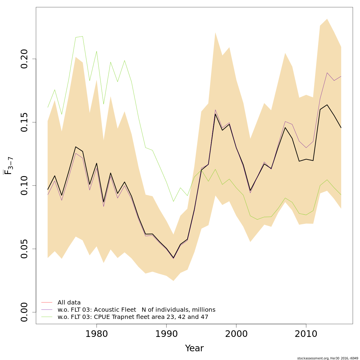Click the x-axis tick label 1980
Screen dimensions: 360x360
click(97, 334)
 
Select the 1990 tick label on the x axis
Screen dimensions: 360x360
click(166, 334)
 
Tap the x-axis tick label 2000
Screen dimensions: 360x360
click(236, 334)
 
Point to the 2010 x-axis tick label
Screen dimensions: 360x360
click(306, 334)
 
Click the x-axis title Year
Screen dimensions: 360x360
click(194, 348)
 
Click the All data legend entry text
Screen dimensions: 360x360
click(69, 303)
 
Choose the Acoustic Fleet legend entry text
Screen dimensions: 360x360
click(136, 310)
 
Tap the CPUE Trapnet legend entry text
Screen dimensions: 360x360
click(133, 317)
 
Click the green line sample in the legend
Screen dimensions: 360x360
click(47, 317)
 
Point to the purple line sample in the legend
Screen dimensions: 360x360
click(47, 310)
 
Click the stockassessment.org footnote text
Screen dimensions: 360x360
click(328, 358)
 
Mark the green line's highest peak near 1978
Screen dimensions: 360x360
click(82, 36)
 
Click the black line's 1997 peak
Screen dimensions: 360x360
click(215, 114)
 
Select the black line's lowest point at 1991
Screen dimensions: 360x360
click(173, 258)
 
